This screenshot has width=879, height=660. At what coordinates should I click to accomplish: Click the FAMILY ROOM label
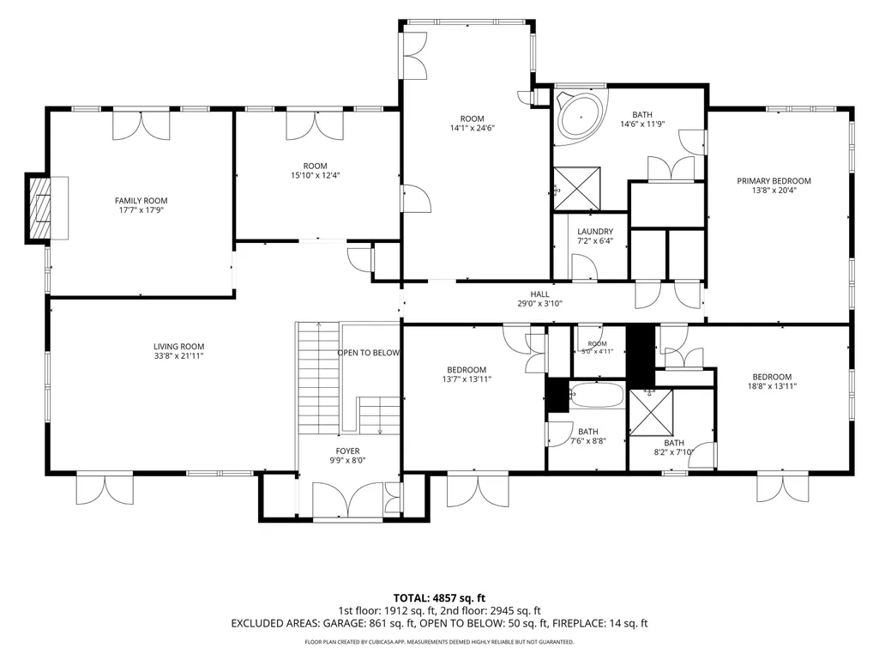141,201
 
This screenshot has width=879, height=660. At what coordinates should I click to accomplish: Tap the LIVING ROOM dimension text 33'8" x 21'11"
179,356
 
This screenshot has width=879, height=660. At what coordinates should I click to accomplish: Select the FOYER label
347,451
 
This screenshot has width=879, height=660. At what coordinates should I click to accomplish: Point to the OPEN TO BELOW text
368,353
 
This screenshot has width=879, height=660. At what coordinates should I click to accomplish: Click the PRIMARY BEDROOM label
774,181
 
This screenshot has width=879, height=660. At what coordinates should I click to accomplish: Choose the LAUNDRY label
595,231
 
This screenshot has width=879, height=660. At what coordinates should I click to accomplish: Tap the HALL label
540,294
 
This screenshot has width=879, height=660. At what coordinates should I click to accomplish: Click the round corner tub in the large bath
581,118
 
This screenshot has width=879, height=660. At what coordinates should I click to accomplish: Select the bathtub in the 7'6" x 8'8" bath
596,395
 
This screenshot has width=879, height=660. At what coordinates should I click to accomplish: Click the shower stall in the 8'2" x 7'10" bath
651,413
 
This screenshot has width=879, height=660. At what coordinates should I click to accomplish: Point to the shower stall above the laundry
577,189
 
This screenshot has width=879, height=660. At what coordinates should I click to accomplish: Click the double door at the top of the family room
141,125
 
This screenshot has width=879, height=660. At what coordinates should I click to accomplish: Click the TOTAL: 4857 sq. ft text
439,598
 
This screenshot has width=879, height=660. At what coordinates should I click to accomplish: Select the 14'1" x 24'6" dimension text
472,128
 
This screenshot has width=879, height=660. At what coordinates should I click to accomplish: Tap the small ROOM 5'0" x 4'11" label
598,348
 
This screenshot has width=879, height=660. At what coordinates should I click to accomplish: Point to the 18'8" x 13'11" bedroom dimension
772,386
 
